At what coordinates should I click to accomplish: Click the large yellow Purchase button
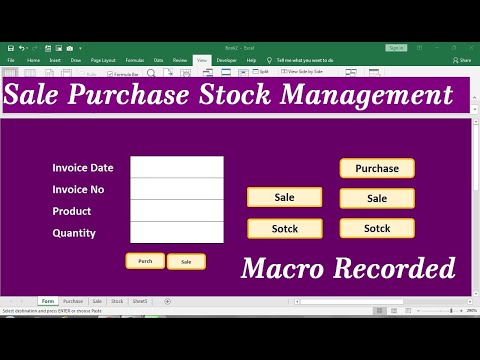tap(377, 168)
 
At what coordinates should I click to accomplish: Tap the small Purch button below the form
tap(145, 261)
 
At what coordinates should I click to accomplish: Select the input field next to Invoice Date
tap(177, 167)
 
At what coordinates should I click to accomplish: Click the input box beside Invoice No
tap(177, 189)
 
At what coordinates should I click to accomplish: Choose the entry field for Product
tap(177, 211)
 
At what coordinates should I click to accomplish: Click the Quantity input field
tap(177, 233)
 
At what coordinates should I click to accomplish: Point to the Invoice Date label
tap(83, 168)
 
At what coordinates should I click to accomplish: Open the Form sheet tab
tap(48, 301)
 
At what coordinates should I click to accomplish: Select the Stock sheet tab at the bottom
tap(117, 301)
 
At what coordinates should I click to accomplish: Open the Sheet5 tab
tap(140, 301)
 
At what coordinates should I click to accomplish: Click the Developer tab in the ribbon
tap(226, 60)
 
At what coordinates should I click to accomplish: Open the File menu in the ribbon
tap(11, 60)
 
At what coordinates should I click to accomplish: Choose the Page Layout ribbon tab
tap(103, 60)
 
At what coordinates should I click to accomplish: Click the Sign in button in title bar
tap(396, 47)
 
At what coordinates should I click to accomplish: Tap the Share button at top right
tap(463, 60)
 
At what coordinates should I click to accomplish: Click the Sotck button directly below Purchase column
tap(377, 228)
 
